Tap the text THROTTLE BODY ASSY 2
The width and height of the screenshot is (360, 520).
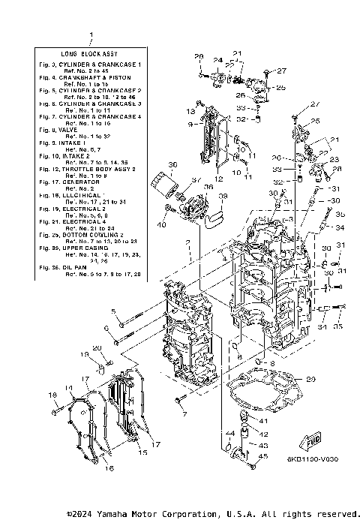(x=96, y=170)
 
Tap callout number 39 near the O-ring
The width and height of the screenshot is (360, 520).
(x=222, y=196)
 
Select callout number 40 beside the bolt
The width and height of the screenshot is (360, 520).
(x=161, y=225)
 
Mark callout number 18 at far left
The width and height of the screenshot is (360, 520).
(x=53, y=395)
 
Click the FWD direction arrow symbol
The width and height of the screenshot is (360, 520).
(x=314, y=440)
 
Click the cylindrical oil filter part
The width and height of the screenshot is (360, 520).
(x=160, y=184)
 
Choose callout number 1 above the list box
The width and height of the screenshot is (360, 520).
(x=91, y=35)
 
